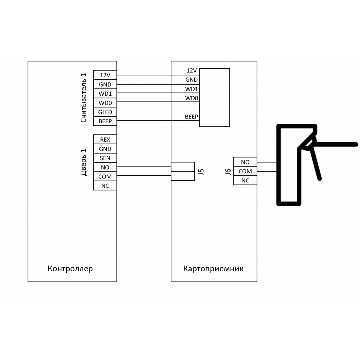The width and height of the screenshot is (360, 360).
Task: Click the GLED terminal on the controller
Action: coord(105,112)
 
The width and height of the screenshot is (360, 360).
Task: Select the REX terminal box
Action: coord(105,139)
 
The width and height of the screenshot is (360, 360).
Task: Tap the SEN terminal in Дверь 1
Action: coord(105,158)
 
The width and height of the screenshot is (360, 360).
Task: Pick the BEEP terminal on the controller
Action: coord(105,121)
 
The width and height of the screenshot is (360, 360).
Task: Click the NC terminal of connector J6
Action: coord(245,181)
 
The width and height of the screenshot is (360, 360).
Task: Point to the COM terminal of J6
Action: coord(245,171)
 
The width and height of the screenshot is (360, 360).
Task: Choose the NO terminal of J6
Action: coord(245,162)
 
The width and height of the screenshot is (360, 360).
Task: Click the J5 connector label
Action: coord(201,172)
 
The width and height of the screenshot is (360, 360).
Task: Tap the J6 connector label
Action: coord(228,172)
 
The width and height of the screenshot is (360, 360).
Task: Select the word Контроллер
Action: coord(70,268)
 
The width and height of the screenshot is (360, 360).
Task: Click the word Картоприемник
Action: coord(213,268)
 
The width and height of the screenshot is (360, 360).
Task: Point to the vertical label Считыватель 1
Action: coord(83,98)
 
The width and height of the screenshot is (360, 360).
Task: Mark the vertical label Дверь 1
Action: coord(83,162)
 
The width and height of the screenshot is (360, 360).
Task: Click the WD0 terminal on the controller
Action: coord(105,103)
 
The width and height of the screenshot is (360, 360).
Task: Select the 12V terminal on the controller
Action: coord(105,75)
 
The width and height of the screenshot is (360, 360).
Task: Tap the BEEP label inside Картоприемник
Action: coord(191,117)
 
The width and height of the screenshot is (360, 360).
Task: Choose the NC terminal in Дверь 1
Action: coord(105,185)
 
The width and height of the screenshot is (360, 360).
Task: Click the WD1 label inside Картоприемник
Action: coord(191,89)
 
